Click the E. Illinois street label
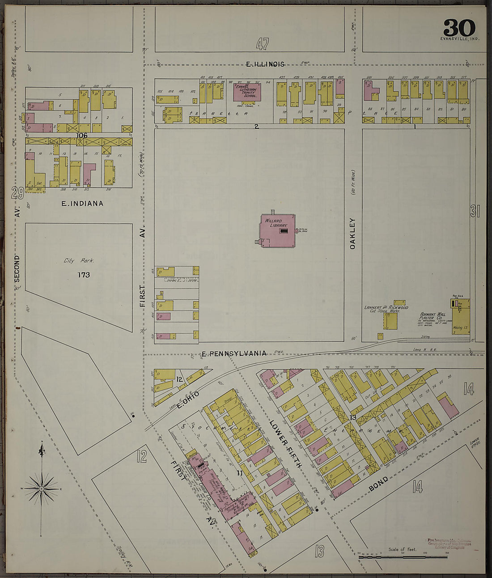265,64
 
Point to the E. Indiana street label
82,204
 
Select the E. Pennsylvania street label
234,353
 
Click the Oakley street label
352,233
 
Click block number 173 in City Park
84,275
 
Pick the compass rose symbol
42,489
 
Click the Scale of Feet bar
403,557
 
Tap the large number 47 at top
263,44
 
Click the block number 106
81,135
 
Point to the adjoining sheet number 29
17,193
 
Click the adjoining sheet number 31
475,211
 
